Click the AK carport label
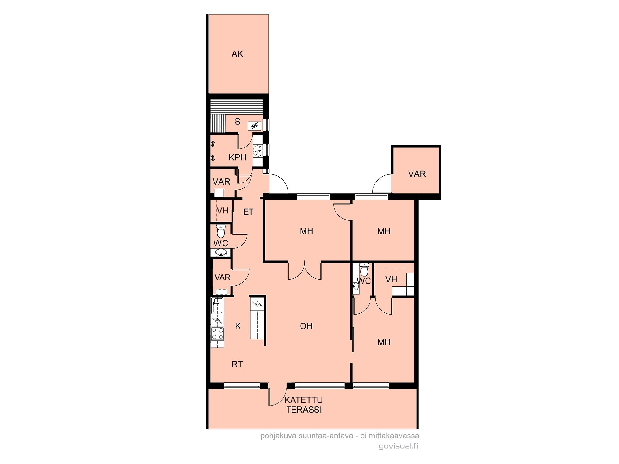(237, 54)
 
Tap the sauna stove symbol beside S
(254, 126)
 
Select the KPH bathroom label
(237, 157)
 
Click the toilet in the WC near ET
(221, 231)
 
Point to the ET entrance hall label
(248, 212)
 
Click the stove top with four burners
(217, 333)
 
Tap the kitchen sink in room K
(218, 305)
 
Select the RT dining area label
(237, 364)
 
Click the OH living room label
(306, 326)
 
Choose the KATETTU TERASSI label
(304, 405)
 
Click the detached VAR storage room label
(417, 174)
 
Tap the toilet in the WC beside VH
(364, 270)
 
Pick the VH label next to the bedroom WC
(391, 280)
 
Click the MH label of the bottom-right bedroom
(384, 342)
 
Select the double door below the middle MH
(305, 271)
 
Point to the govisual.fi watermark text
(398, 446)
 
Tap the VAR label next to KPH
(221, 182)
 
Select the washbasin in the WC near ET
(221, 253)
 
